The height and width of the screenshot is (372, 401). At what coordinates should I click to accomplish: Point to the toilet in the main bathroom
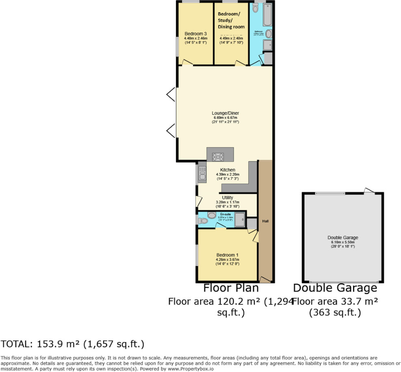(255, 9)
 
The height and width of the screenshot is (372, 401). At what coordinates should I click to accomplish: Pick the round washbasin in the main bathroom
(269, 34)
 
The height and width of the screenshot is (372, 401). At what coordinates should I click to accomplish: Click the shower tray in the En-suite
(240, 219)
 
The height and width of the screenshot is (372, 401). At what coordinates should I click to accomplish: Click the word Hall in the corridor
(265, 221)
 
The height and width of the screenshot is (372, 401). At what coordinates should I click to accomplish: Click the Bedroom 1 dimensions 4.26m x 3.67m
(228, 260)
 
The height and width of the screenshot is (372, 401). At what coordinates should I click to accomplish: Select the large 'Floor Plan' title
(231, 288)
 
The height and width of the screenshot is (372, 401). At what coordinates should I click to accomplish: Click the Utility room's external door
(198, 201)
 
